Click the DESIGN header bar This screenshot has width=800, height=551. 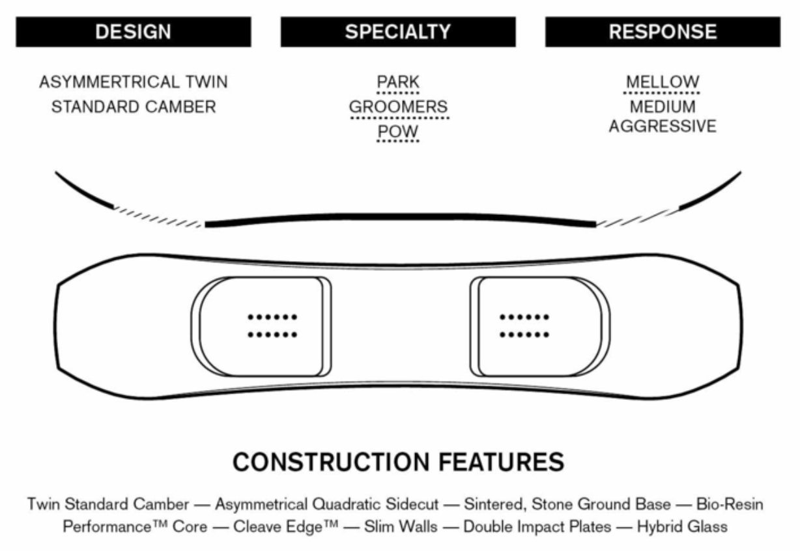(133, 32)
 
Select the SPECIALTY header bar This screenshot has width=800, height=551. (398, 32)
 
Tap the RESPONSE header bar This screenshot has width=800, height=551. (663, 32)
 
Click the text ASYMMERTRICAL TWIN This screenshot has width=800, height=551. (133, 82)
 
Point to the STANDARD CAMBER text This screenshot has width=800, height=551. (134, 107)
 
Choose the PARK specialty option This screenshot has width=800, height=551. (398, 82)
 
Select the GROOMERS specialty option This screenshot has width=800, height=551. (398, 107)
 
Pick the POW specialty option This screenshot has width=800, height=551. (398, 132)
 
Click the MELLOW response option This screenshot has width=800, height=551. (663, 82)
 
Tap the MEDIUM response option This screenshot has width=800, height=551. (663, 107)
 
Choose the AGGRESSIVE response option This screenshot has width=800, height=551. (663, 126)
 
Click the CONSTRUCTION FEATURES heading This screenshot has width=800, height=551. (398, 462)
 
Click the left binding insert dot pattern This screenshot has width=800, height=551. (272, 326)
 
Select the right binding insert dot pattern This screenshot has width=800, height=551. (524, 326)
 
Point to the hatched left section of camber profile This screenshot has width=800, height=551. (158, 217)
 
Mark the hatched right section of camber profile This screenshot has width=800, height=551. (638, 218)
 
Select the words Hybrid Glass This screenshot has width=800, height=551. (682, 527)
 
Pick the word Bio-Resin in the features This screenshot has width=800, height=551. (730, 504)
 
